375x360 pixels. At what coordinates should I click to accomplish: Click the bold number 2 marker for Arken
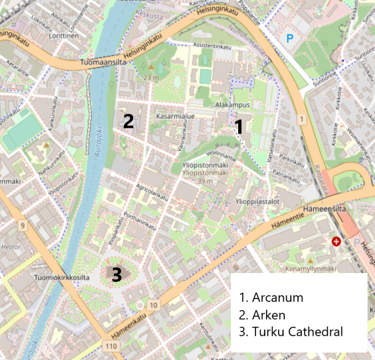(128, 121)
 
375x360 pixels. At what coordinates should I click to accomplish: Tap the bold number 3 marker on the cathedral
(116, 274)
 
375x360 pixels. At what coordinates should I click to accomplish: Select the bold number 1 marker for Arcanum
(239, 127)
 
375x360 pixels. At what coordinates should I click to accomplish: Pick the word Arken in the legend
(268, 315)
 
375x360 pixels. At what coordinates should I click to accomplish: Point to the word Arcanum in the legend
(277, 298)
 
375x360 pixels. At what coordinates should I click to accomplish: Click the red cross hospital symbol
(336, 241)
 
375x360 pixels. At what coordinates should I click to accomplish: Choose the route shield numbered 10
(154, 305)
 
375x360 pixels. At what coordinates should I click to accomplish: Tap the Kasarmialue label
(175, 116)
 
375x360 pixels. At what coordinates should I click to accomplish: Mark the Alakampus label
(233, 105)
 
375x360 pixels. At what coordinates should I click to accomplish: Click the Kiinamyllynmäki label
(310, 269)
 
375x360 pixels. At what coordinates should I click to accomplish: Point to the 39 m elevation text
(198, 180)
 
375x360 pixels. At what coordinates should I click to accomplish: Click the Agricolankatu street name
(151, 191)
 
